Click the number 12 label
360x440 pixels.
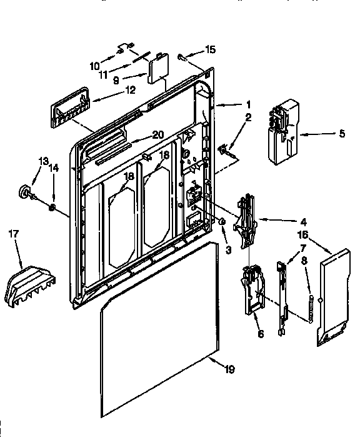click(x=130, y=90)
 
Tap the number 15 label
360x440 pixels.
click(x=211, y=49)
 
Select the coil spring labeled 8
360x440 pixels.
click(x=310, y=303)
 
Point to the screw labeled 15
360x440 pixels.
click(x=181, y=56)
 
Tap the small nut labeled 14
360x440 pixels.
click(x=53, y=207)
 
